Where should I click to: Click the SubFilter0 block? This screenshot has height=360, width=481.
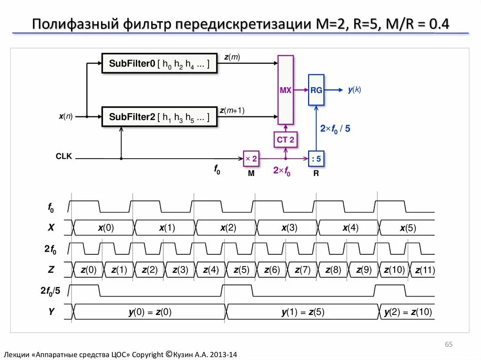pyautogui.click(x=160, y=63)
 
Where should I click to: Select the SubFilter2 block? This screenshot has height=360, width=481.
pyautogui.click(x=160, y=117)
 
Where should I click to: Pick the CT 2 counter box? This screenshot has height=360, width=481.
pyautogui.click(x=286, y=139)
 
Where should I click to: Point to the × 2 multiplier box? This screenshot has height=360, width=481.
pyautogui.click(x=251, y=159)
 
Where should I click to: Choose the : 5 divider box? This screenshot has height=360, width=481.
pyautogui.click(x=316, y=159)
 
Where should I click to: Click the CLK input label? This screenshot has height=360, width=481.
pyautogui.click(x=64, y=156)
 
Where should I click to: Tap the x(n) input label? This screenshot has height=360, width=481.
pyautogui.click(x=66, y=116)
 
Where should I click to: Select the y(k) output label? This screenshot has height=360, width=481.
pyautogui.click(x=354, y=90)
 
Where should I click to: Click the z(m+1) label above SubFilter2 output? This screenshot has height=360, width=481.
pyautogui.click(x=232, y=111)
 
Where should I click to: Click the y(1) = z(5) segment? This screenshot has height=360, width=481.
pyautogui.click(x=303, y=312)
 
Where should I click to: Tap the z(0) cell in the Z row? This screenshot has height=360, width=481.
pyautogui.click(x=88, y=270)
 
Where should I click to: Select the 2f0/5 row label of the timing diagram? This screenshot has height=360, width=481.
pyautogui.click(x=50, y=291)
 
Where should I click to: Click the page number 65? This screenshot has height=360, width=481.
pyautogui.click(x=449, y=345)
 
